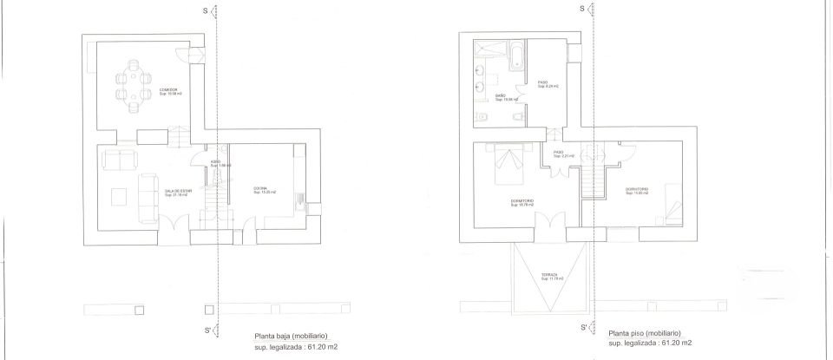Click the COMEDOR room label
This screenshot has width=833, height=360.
(168, 90)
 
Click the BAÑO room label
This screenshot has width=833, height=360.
(501, 97)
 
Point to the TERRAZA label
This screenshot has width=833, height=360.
(549, 276)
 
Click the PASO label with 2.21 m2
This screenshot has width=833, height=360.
(559, 154)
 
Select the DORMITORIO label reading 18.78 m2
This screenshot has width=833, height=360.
(521, 203)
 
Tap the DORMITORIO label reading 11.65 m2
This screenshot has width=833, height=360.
(636, 191)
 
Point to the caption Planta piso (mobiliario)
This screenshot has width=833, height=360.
(645, 333)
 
